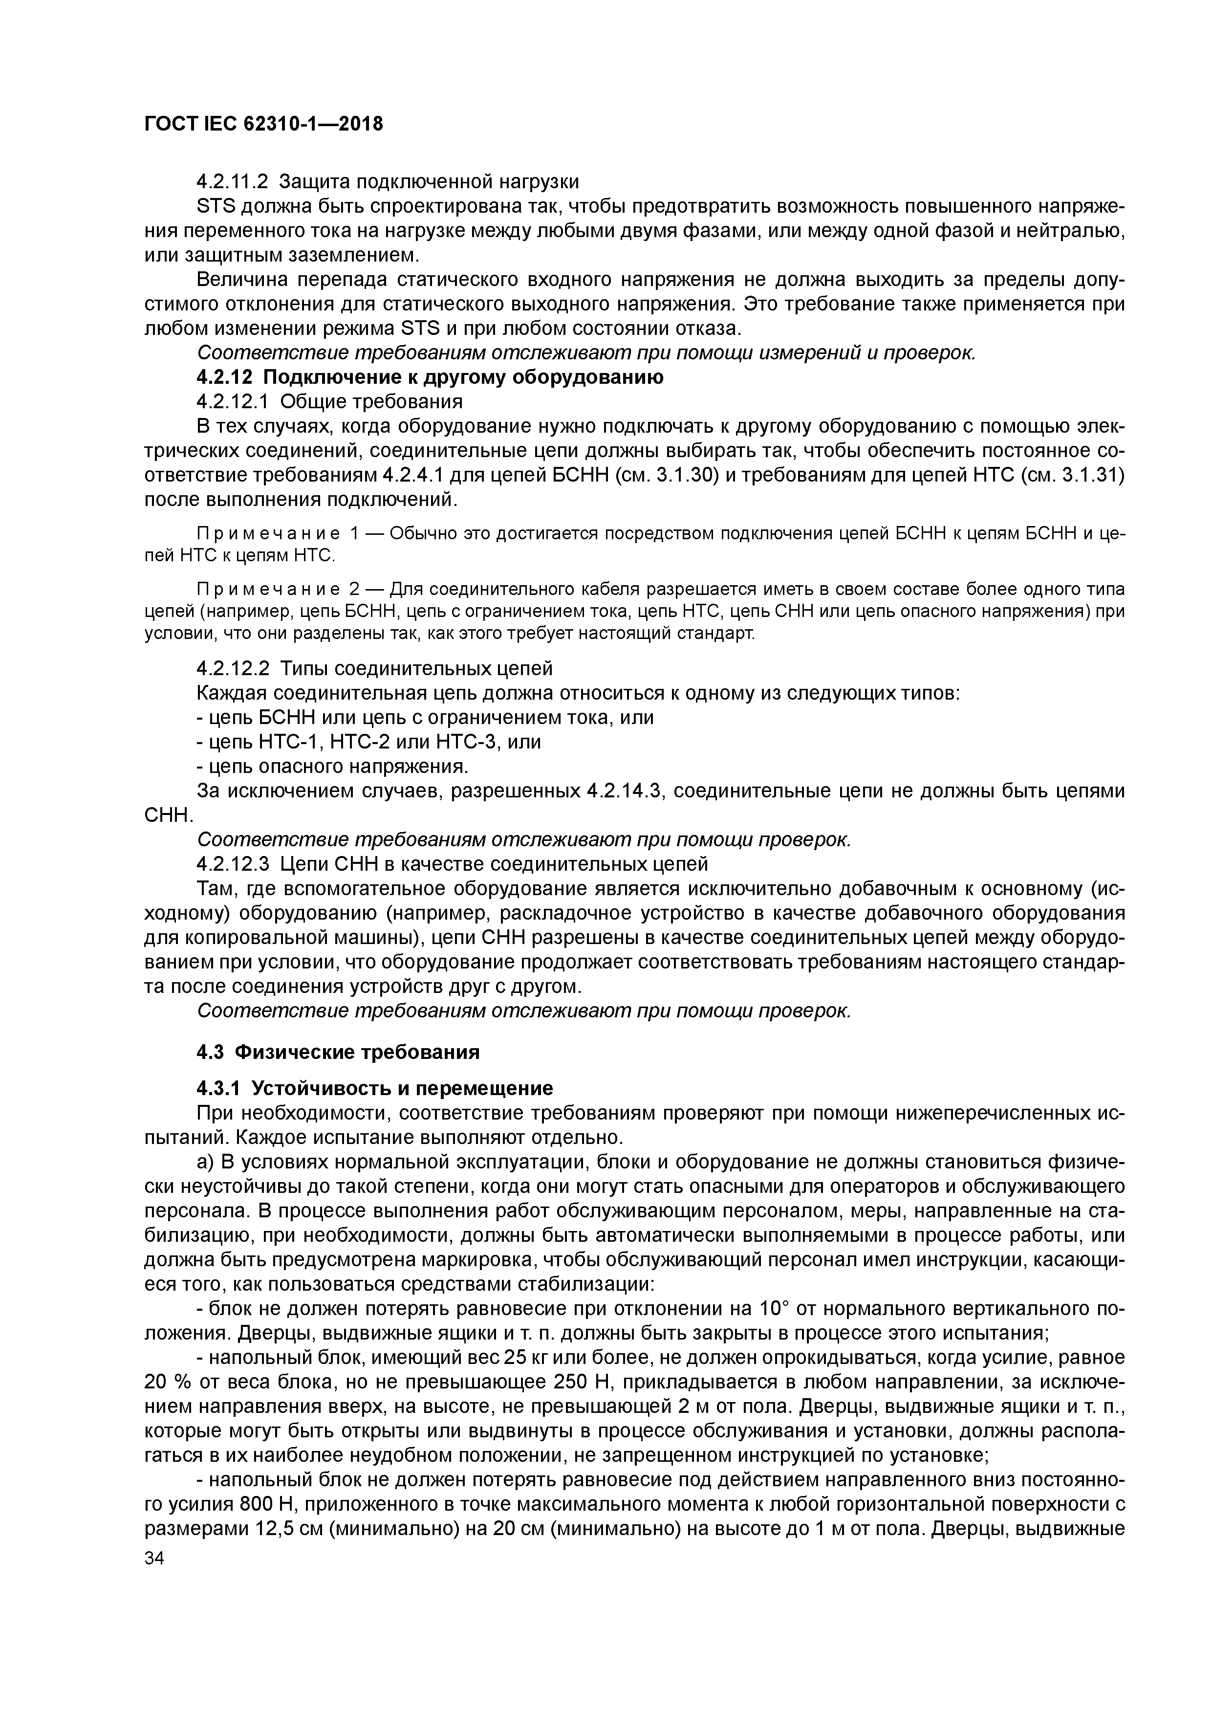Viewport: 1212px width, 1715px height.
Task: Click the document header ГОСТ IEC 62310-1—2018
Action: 263,124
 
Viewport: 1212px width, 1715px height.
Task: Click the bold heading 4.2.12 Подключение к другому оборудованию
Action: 430,377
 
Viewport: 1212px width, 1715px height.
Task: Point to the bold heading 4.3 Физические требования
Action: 338,1053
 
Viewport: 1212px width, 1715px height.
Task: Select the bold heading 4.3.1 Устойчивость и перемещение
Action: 374,1088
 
